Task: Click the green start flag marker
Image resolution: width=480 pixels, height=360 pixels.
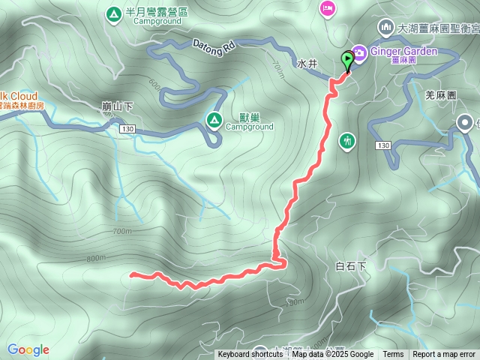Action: pyautogui.click(x=348, y=60)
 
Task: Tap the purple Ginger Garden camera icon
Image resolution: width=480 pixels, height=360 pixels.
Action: pyautogui.click(x=359, y=52)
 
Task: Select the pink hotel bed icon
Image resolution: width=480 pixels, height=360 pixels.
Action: pyautogui.click(x=327, y=8)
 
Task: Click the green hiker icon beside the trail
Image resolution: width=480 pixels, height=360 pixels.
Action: pyautogui.click(x=346, y=140)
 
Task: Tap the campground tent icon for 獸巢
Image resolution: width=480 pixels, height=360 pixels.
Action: pyautogui.click(x=214, y=119)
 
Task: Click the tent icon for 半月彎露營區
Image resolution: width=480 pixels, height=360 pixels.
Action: pyautogui.click(x=113, y=13)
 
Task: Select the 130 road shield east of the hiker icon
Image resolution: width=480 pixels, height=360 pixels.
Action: pyautogui.click(x=385, y=145)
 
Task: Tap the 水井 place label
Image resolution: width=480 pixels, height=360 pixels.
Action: pyautogui.click(x=307, y=64)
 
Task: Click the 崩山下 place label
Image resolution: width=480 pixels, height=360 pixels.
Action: pyautogui.click(x=117, y=106)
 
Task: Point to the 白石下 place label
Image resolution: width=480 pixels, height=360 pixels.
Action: pyautogui.click(x=350, y=266)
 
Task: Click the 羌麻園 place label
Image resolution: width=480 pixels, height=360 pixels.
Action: pyautogui.click(x=440, y=95)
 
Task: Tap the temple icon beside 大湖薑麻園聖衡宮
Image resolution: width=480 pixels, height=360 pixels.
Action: pyautogui.click(x=385, y=28)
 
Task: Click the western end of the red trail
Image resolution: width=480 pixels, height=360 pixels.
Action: pyautogui.click(x=132, y=274)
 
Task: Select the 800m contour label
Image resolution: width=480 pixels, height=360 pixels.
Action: pyautogui.click(x=96, y=259)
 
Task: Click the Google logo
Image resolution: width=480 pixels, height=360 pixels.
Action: pyautogui.click(x=28, y=349)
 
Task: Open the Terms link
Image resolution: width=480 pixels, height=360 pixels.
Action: pyautogui.click(x=393, y=355)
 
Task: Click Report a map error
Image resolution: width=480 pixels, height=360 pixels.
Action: pyautogui.click(x=444, y=355)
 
